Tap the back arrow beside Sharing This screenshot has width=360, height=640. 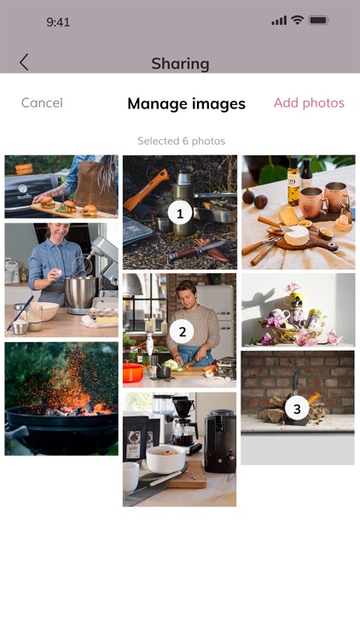coord(24,62)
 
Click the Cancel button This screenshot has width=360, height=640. coord(42,103)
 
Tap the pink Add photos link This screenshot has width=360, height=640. coord(309,103)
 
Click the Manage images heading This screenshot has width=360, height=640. coord(187,103)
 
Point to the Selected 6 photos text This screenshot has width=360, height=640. coord(181,141)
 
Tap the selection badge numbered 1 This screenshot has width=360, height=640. coord(180,212)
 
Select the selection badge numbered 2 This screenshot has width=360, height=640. coord(182,331)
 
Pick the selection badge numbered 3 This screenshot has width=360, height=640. coord(297,409)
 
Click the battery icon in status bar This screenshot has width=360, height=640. coord(319,20)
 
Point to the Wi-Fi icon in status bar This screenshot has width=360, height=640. coord(298,20)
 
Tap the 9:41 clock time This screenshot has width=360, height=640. coord(58,22)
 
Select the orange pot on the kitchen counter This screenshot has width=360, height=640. coord(134,371)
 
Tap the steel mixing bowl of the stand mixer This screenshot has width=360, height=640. coord(82,291)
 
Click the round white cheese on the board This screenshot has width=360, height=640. coord(297,236)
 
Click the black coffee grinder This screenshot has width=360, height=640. coord(219,441)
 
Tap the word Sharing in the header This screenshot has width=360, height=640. coord(180,64)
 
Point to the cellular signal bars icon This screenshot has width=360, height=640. coord(279,20)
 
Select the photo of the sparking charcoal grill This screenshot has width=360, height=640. coord(61,399)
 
